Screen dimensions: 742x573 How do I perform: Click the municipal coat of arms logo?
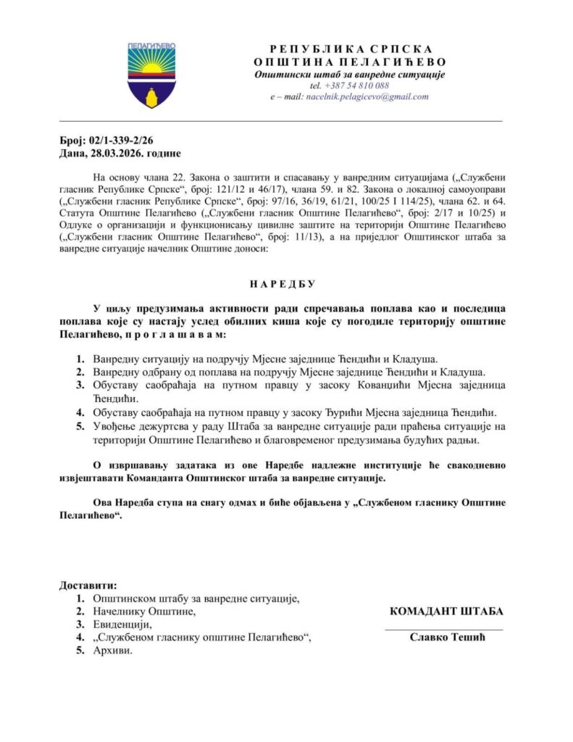(151, 75)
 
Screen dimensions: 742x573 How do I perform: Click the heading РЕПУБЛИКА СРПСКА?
(350, 49)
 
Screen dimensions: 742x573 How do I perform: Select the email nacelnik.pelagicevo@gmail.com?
(367, 96)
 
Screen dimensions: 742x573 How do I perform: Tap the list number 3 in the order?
(80, 385)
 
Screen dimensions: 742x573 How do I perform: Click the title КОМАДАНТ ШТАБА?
(446, 611)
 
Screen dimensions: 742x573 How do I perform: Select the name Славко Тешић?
(446, 638)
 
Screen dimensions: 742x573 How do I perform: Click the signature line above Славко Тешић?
(443, 628)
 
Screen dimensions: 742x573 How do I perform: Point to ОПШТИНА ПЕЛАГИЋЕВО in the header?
(350, 62)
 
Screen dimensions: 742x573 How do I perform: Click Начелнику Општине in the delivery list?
(145, 611)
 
